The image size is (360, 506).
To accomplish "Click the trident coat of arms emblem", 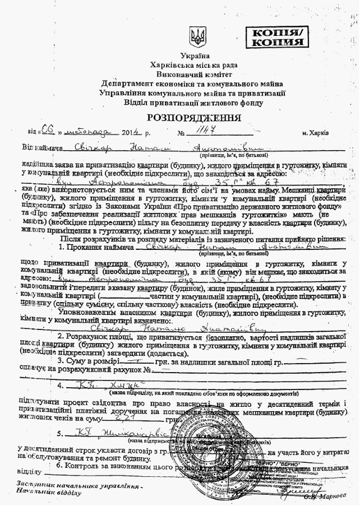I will pyautogui.click(x=197, y=38).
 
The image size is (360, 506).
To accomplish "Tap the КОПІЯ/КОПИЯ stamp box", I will pyautogui.click(x=278, y=37).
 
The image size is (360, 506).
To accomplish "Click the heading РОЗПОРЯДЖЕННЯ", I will pyautogui.click(x=194, y=118).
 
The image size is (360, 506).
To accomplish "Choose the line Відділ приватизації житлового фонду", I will pyautogui.click(x=194, y=103).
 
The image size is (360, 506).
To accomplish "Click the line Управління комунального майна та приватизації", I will pyautogui.click(x=194, y=93).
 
